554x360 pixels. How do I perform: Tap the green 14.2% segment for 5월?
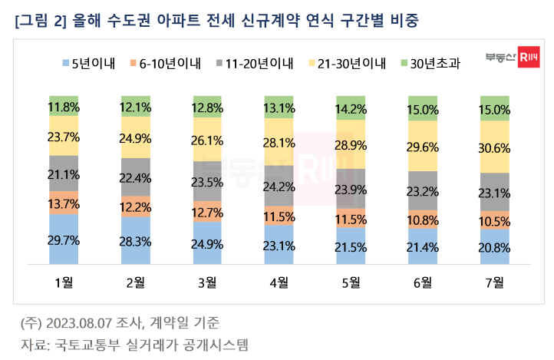(x=351, y=107)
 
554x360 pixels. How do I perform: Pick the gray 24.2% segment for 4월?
(x=279, y=185)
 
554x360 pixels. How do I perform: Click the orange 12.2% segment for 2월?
(x=135, y=207)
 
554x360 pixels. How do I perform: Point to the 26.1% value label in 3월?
(x=207, y=141)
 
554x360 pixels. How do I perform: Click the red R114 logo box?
(x=526, y=57)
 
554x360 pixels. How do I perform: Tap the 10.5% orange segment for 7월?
(x=494, y=220)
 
